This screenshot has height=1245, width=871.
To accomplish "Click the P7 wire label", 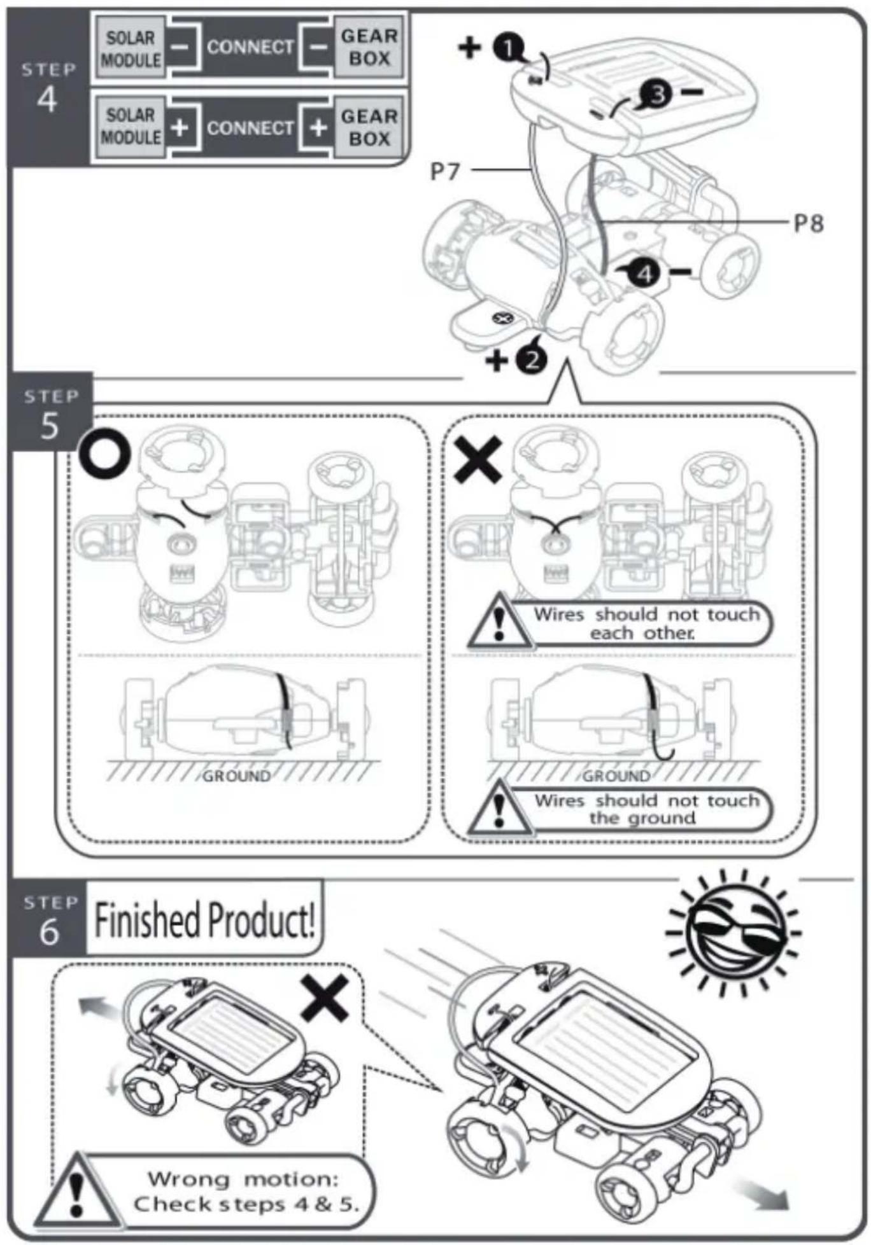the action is click(x=445, y=171).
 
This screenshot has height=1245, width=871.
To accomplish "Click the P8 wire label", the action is click(x=809, y=223).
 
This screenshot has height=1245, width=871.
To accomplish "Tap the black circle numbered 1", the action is click(x=509, y=48).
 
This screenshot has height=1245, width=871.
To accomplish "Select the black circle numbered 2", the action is click(x=532, y=360).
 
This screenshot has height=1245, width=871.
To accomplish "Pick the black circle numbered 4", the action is click(x=645, y=274).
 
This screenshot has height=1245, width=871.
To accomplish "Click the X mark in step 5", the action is click(x=478, y=461).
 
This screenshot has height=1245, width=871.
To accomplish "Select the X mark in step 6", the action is click(x=325, y=998).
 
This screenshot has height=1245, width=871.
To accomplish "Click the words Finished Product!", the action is click(x=205, y=920).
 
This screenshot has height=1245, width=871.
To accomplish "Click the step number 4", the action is click(x=47, y=100).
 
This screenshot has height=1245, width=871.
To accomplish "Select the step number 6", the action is click(x=49, y=932).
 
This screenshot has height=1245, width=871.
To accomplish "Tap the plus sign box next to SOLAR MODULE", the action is click(x=180, y=127).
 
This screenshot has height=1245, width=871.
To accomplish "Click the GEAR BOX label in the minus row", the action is click(x=369, y=47).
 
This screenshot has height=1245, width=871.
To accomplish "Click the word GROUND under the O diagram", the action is click(x=236, y=776).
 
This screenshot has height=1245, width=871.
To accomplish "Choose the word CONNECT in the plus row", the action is click(x=250, y=128).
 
